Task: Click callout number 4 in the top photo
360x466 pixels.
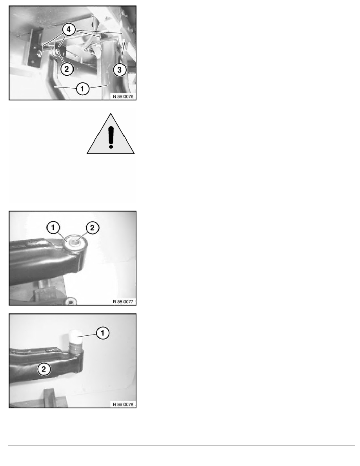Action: coord(69,29)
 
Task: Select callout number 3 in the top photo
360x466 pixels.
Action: coord(119,70)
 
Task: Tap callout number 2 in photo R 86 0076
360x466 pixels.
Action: coord(67,69)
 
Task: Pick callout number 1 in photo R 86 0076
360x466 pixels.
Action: coord(82,89)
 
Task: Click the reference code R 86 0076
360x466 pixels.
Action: coord(123,96)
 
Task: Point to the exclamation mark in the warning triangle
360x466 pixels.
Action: coord(111,137)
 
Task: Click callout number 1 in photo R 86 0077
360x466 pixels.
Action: coord(53,228)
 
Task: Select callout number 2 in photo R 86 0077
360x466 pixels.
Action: coord(93,228)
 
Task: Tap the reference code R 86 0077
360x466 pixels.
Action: coord(123,301)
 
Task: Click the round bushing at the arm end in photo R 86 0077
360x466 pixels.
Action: coord(75,243)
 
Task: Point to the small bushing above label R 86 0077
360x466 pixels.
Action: coord(71,302)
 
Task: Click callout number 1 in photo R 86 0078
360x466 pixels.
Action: coord(103,333)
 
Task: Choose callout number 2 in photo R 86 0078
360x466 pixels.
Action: coord(44,369)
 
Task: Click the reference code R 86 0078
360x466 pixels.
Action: coord(123,404)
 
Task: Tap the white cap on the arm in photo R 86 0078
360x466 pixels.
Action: coord(75,336)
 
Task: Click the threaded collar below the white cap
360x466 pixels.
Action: coord(75,347)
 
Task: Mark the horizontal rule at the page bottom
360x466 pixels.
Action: coord(182,446)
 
